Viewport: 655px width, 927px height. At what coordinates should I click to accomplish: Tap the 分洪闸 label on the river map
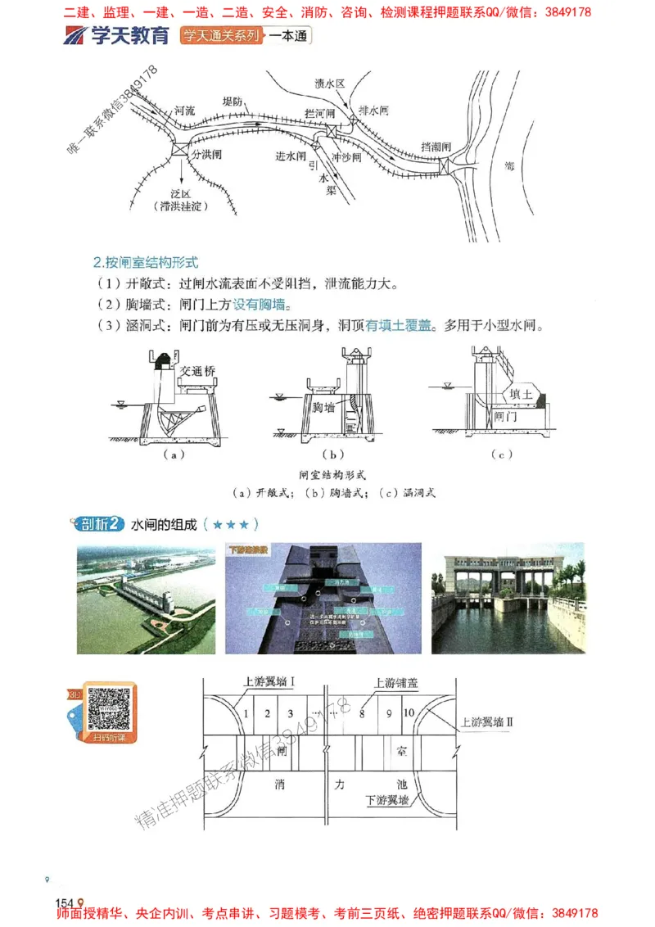point(208,153)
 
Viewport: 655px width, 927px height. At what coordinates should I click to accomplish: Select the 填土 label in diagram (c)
point(522,394)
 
